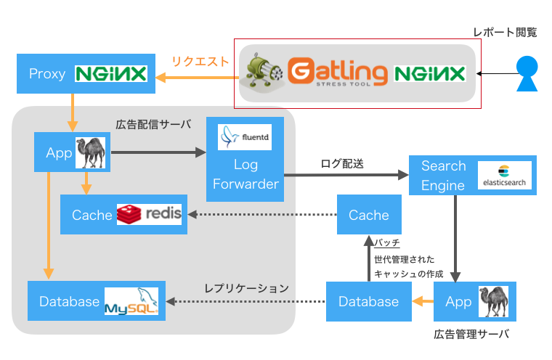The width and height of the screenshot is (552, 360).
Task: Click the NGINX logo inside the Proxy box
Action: pos(111,73)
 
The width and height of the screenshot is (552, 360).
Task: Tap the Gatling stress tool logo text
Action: pos(338,72)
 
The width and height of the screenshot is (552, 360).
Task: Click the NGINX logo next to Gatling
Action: pos(430,73)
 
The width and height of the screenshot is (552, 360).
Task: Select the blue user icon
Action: pos(527,73)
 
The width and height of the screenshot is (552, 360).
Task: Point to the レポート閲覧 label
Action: pos(505,33)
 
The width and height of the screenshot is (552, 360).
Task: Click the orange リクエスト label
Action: pos(200,62)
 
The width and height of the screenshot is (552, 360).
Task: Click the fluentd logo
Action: pos(245,137)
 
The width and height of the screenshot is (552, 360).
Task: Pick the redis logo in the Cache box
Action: pos(150,214)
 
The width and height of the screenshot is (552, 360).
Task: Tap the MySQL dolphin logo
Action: pos(131,301)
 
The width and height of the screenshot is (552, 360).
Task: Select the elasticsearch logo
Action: pos(505,175)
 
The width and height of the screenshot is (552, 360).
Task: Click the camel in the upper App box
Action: pos(91,152)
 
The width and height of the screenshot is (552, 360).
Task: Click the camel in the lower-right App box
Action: pos(493,302)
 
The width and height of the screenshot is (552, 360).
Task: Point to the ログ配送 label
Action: pos(342,163)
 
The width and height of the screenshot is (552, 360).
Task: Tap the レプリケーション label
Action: pos(246,289)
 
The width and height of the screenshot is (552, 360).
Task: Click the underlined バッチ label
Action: pos(387,243)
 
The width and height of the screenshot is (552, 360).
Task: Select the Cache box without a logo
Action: pos(369,214)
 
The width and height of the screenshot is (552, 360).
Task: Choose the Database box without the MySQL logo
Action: pos(368,301)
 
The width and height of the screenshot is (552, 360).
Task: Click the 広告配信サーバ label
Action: pos(153,124)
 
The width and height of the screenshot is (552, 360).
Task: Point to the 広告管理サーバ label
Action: pos(471,334)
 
